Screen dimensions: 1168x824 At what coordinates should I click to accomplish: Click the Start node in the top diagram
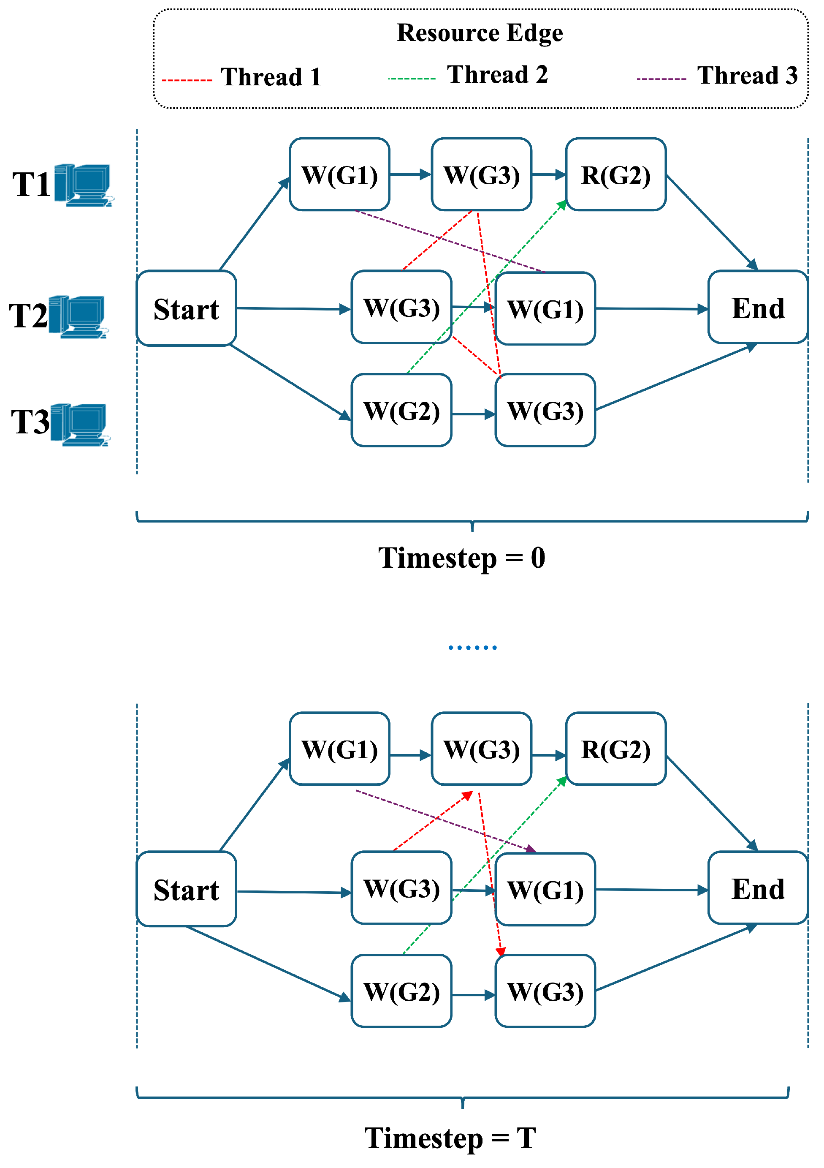coord(186,309)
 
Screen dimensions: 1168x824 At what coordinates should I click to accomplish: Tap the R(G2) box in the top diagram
coord(615,174)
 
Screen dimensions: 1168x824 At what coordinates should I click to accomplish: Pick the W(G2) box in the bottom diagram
coord(401,991)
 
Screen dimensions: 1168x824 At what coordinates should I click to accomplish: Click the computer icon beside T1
coord(84,185)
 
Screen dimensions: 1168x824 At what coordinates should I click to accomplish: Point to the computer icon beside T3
coord(80,424)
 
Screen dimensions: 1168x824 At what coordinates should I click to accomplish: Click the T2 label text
coord(28,316)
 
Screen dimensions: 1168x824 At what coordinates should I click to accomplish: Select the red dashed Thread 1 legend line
coord(187,80)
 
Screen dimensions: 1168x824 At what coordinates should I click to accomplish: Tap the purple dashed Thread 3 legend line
coord(661,79)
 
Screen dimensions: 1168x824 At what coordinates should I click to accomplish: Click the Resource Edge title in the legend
coord(480,33)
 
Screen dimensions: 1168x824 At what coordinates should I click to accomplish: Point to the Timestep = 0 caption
coord(461,558)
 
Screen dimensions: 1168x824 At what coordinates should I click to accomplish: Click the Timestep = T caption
coord(450,1138)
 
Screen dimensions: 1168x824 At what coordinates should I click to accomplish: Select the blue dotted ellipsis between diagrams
coord(472,648)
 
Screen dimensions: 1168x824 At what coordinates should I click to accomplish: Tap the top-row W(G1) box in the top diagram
coord(339,174)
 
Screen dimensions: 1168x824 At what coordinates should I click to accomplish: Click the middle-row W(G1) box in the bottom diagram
coord(545,890)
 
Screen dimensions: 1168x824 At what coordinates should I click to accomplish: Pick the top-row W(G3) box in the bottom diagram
coord(481,749)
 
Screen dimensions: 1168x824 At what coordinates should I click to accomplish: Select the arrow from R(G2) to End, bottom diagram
coord(712,803)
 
